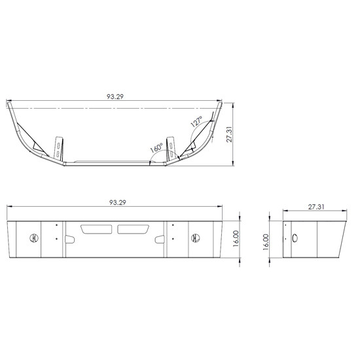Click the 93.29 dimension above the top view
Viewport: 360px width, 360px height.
pyautogui.click(x=115, y=97)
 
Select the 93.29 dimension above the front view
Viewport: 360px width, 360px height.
pyautogui.click(x=115, y=204)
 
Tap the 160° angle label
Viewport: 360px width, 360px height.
pyautogui.click(x=156, y=149)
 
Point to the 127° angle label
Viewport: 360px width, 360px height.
pyautogui.click(x=196, y=122)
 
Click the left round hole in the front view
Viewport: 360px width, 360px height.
pyautogui.click(x=35, y=238)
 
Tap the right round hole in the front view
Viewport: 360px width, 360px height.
pyautogui.click(x=194, y=238)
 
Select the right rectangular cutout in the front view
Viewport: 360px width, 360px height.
pyautogui.click(x=134, y=229)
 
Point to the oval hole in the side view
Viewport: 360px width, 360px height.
pyautogui.click(x=295, y=238)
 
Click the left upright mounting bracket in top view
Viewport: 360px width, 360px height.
pyautogui.click(x=59, y=147)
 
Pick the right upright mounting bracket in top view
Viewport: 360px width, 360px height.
pyautogui.click(x=173, y=147)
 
